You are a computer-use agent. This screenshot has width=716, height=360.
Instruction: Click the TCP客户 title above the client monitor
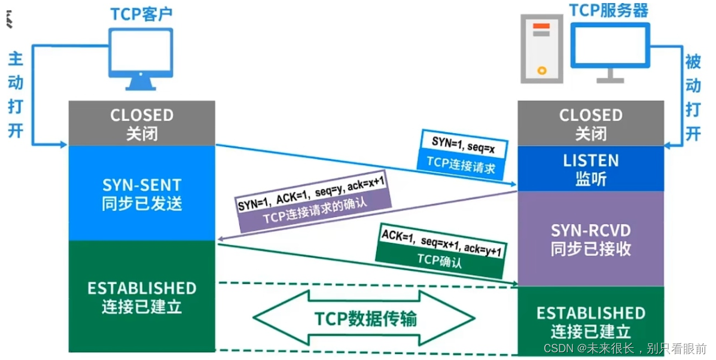tap(141, 14)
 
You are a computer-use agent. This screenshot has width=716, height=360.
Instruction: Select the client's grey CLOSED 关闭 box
tap(142, 123)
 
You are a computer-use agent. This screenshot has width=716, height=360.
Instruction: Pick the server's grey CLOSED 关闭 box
tap(590, 123)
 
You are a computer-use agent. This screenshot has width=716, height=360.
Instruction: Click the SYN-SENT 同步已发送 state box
tap(142, 193)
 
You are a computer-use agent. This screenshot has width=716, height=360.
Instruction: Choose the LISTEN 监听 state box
tap(590, 169)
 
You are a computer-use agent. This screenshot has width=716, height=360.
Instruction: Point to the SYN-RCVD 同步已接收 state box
tap(590, 239)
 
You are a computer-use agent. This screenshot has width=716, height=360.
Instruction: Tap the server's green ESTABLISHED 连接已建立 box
tap(590, 321)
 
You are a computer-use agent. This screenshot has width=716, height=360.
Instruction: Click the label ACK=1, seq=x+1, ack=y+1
tap(441, 243)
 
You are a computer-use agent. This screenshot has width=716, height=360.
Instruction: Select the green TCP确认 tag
tap(440, 261)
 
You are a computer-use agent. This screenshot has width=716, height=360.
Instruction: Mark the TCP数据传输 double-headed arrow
tap(365, 318)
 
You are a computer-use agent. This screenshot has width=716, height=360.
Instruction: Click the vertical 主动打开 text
tap(16, 94)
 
